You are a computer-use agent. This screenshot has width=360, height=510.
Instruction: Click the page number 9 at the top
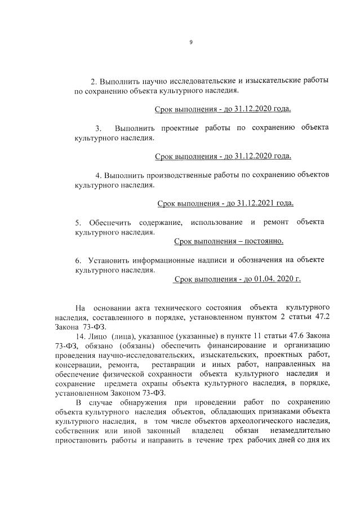coord(191,42)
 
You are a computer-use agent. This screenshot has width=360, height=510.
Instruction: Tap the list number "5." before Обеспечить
coord(78,223)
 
